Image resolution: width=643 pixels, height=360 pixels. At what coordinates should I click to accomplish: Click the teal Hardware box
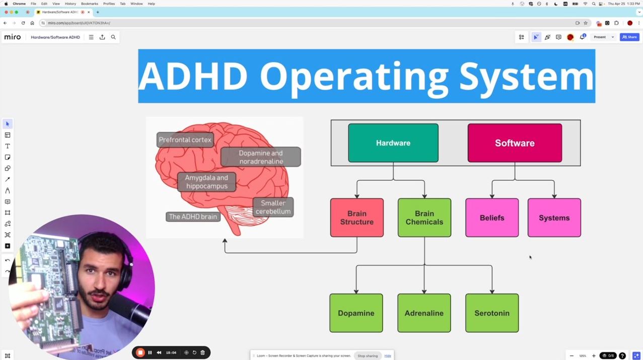[x=393, y=143]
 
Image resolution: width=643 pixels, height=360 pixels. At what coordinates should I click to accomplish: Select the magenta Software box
[x=515, y=143]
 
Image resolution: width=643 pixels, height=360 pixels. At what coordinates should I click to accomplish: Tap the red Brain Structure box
[x=356, y=218]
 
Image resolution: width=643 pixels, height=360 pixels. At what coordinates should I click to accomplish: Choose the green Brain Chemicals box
[x=424, y=218]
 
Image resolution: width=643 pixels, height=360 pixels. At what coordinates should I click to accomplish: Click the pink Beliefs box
[x=491, y=218]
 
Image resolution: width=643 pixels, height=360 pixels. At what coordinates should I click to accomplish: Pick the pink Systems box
[x=554, y=218]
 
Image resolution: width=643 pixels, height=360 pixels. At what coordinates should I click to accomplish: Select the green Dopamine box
[x=356, y=313]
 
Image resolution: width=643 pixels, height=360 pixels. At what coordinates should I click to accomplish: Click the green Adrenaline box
[x=424, y=313]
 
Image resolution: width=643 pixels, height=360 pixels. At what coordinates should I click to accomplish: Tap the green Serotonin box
[x=491, y=313]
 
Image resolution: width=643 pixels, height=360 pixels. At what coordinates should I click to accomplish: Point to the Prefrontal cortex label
[x=185, y=140]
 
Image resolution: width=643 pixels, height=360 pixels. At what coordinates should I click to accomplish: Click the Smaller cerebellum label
[x=273, y=207]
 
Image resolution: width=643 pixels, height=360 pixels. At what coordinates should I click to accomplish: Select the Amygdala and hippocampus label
[x=206, y=182]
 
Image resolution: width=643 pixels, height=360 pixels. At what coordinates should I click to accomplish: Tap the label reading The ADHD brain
[x=193, y=217]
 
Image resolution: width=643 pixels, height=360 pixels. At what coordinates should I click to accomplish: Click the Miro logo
[x=13, y=37]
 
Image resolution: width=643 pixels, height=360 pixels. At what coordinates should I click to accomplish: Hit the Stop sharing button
[x=368, y=356]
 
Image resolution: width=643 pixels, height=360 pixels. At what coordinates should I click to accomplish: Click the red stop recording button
[x=140, y=352]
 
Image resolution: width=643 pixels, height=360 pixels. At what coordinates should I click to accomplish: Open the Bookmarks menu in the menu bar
[x=89, y=4]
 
